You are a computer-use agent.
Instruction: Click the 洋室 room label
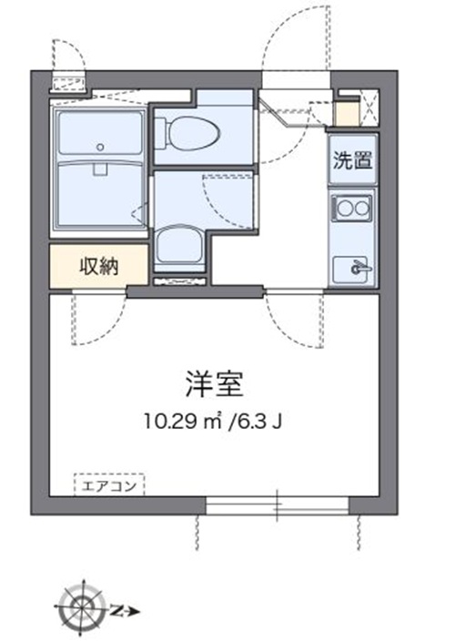point(215,384)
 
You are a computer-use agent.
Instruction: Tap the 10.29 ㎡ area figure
point(183,421)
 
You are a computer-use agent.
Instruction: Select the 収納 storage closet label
point(99,267)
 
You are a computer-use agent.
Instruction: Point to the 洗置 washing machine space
point(353,160)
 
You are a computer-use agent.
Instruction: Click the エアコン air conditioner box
point(109,484)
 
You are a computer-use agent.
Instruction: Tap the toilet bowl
point(187,133)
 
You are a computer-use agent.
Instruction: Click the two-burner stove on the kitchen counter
point(352,209)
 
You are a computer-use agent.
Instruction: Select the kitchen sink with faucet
point(352,269)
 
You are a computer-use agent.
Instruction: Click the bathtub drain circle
point(100,147)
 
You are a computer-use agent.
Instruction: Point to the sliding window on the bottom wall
point(278,505)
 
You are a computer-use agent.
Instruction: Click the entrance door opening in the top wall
point(296,80)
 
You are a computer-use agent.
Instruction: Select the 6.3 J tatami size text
point(257,421)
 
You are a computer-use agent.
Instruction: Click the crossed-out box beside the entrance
point(370,108)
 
